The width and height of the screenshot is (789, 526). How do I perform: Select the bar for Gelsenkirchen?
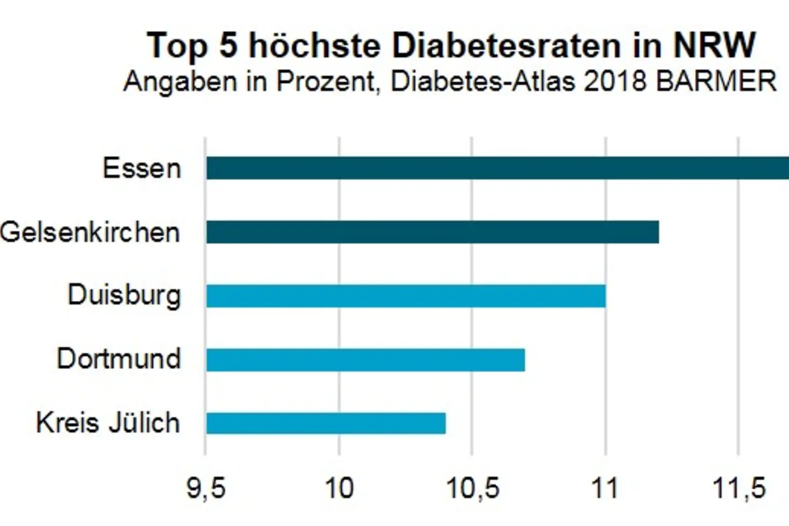point(432,232)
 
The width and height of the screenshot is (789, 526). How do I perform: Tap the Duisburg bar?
point(405,296)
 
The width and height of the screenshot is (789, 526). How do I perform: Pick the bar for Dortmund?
point(365,359)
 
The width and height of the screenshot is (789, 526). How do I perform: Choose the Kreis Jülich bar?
point(326,423)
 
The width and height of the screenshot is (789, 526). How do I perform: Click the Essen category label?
point(142,168)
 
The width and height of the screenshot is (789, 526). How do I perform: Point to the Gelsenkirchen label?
point(90,232)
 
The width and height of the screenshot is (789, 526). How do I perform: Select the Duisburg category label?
point(124,296)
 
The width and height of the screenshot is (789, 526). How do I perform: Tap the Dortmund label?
point(119,359)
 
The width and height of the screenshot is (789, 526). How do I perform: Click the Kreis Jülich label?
point(108,423)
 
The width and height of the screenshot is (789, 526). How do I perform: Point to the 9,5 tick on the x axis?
point(206,488)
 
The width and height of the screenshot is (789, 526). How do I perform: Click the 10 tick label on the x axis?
point(339,488)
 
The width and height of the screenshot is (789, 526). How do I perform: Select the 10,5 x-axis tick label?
point(473,488)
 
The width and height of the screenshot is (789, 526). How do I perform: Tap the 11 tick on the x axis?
point(605,488)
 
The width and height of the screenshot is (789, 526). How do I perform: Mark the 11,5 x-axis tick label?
point(739,488)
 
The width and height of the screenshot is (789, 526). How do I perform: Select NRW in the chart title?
point(714,45)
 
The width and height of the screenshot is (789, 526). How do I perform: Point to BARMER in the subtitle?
point(716,81)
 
